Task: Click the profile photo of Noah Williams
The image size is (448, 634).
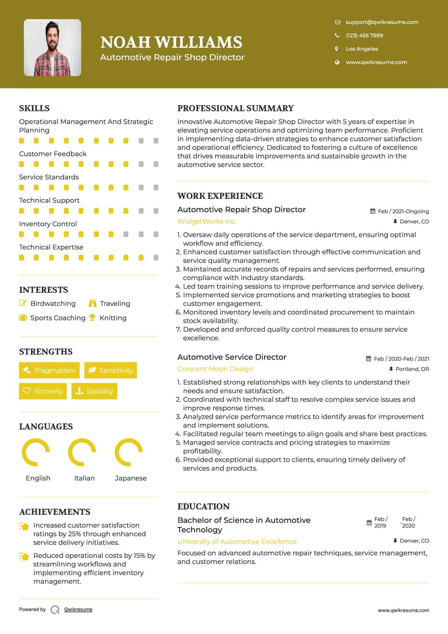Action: [53, 48]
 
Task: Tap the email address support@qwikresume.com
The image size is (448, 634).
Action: [382, 22]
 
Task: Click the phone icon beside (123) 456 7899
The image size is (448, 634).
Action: [337, 35]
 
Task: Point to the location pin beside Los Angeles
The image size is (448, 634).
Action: [337, 49]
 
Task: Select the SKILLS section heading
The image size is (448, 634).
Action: [34, 108]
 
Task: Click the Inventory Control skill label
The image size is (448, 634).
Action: [48, 224]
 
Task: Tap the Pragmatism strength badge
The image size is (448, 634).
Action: [49, 370]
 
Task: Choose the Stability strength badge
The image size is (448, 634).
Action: [94, 391]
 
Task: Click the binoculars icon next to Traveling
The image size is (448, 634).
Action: [93, 303]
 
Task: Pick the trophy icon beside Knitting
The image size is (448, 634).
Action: [92, 318]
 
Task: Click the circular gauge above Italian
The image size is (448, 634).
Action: [82, 452]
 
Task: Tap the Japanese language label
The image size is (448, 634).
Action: [131, 478]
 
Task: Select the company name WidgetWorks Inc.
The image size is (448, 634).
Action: [207, 221]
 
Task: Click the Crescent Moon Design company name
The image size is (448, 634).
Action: [215, 369]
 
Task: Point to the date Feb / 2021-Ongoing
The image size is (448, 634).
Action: [403, 211]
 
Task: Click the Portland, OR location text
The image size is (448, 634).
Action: [412, 369]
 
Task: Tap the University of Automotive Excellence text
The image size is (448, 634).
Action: [237, 542]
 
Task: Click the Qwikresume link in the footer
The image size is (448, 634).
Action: [78, 609]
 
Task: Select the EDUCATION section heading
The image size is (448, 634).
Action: [203, 507]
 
